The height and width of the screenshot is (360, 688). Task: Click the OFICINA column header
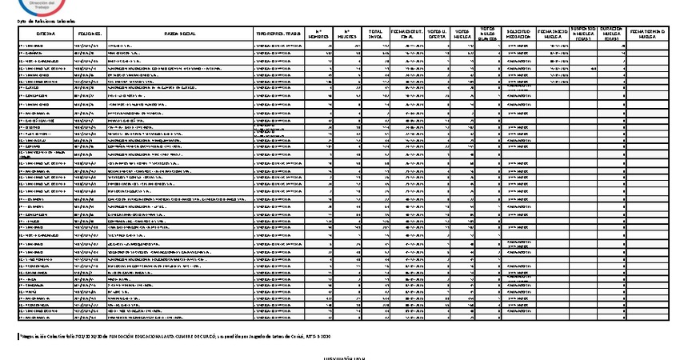[x=46, y=35]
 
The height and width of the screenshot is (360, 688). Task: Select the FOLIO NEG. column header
[x=89, y=35]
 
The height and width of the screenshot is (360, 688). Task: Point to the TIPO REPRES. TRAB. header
[x=278, y=35]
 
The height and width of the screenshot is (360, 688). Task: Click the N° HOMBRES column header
[x=319, y=35]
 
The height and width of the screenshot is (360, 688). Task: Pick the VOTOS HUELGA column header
[x=463, y=35]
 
